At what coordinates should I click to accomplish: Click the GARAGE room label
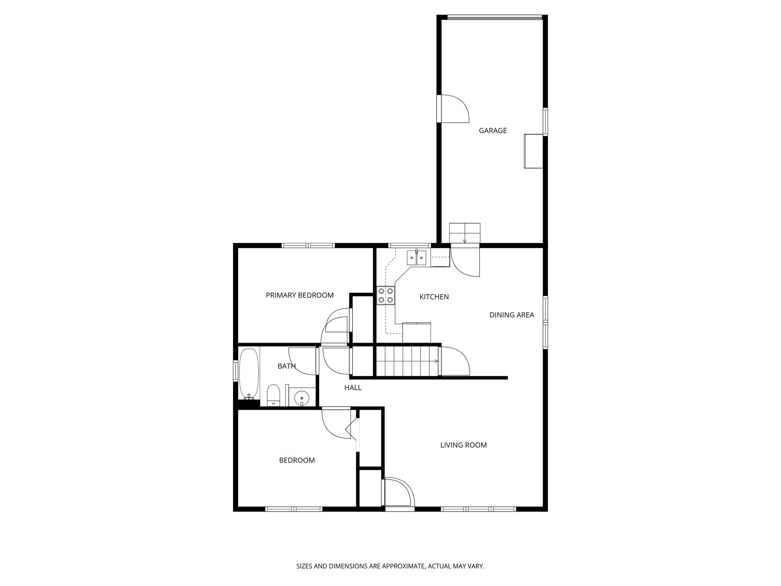[493, 130]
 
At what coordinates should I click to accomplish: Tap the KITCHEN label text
[434, 297]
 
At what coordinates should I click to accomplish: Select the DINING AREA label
[511, 315]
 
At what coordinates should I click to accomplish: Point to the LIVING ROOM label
[463, 445]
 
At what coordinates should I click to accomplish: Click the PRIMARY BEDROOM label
[299, 295]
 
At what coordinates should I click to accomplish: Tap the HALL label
[353, 388]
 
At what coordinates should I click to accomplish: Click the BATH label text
[286, 366]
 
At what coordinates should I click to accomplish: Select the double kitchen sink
[416, 258]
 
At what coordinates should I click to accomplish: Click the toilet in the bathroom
[273, 395]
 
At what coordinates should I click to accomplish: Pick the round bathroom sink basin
[302, 398]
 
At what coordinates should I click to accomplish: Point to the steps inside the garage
[464, 233]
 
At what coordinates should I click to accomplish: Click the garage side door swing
[453, 109]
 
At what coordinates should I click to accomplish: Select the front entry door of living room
[399, 493]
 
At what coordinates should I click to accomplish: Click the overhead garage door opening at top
[495, 17]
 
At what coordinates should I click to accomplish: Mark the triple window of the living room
[478, 509]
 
